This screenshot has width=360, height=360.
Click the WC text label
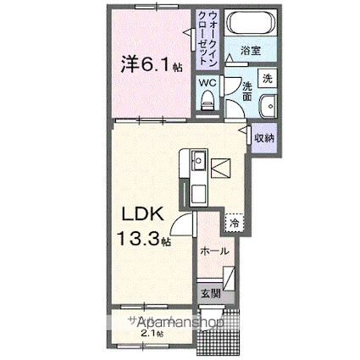point(208,84)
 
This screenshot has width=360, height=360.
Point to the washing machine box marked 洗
point(266,78)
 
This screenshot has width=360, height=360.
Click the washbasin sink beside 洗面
point(267,107)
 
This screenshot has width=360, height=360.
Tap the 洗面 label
point(246,92)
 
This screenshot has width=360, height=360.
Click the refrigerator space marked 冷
point(233,223)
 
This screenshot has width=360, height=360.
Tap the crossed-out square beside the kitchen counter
point(219,168)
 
